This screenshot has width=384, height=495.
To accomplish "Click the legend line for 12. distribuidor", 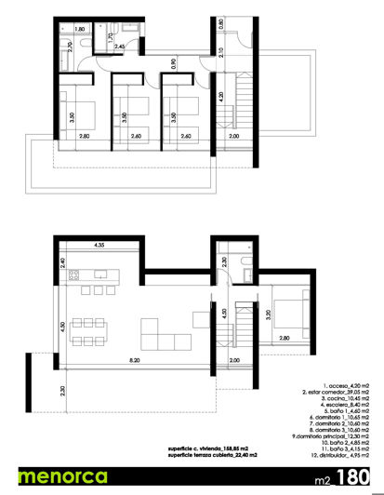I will pyautogui.click(x=343, y=459).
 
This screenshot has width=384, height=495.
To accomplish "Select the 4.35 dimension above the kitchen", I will pyautogui.click(x=99, y=245).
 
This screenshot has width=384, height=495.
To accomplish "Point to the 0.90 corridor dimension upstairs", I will pyautogui.click(x=174, y=65).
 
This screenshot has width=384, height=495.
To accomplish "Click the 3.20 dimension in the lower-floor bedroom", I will pyautogui.click(x=268, y=314).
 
